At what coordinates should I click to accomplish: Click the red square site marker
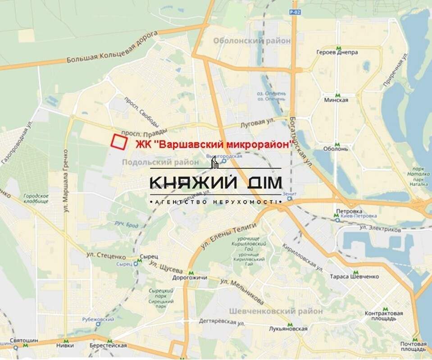tap(119, 142)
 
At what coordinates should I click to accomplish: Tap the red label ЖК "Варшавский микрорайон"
tap(214, 145)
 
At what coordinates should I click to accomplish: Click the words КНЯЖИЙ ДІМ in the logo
tap(216, 182)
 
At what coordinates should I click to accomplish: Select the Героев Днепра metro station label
tap(343, 52)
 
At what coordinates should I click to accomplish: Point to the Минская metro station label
tap(336, 100)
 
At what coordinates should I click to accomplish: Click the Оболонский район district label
tap(252, 41)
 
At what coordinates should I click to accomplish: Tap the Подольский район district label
tap(160, 162)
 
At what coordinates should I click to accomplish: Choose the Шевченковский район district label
tap(276, 311)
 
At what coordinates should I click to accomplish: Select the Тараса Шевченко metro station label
tap(355, 277)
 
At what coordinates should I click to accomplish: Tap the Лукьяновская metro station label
tap(287, 329)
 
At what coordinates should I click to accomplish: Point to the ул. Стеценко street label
tap(106, 256)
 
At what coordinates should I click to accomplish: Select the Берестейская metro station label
tap(108, 346)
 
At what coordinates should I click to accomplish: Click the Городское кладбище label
tap(36, 199)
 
